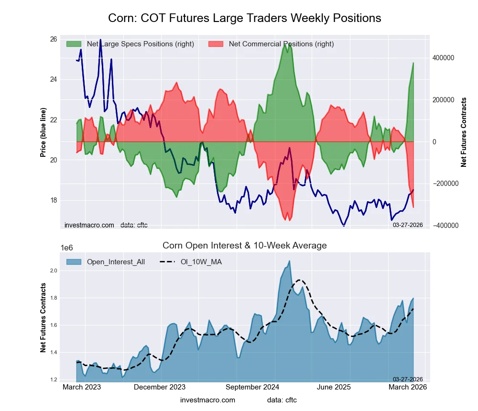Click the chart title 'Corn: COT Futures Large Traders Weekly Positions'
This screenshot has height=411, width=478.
click(244, 18)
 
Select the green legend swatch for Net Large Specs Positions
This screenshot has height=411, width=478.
click(74, 44)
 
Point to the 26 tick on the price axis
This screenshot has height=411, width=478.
click(54, 39)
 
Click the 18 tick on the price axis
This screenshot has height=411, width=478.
click(54, 200)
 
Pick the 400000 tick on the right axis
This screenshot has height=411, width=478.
click(443, 58)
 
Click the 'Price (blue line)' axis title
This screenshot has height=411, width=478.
click(43, 132)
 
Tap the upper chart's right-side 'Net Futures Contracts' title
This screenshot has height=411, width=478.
click(463, 132)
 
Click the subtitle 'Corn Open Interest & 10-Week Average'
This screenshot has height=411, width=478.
click(244, 246)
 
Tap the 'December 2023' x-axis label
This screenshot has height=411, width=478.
click(160, 388)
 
